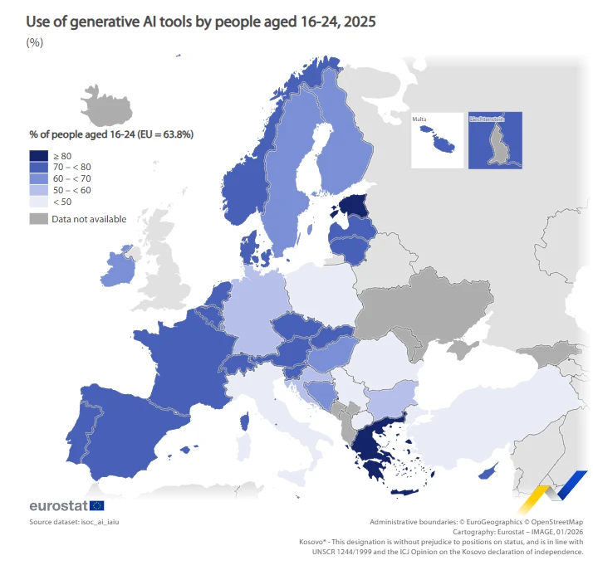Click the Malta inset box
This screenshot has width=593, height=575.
pos(437,139)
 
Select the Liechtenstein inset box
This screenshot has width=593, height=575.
pos(495,139)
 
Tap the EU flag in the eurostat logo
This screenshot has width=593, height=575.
pos(97,505)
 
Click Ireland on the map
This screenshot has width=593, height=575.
pos(120,267)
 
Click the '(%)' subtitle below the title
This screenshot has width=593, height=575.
pos(35,43)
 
